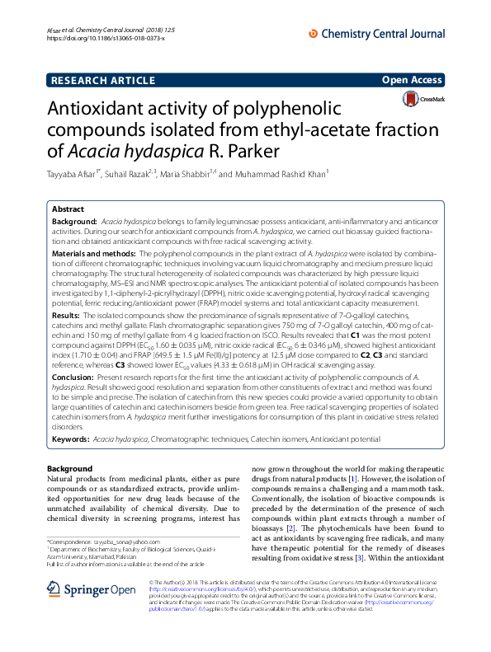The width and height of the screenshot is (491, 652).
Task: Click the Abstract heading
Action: pyautogui.click(x=68, y=209)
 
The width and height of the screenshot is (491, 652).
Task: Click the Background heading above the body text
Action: pyautogui.click(x=70, y=468)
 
